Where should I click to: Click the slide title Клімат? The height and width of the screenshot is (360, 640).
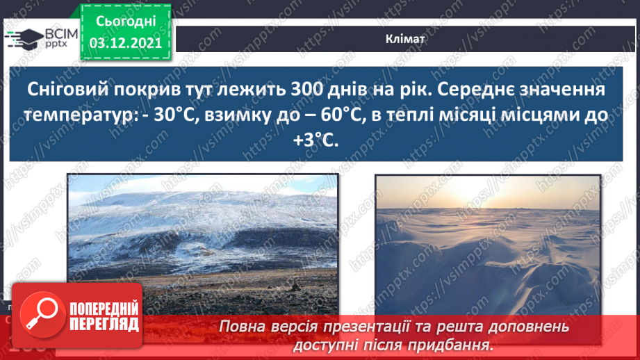tap(405, 40)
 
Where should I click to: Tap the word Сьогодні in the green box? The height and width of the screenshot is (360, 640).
tap(126, 21)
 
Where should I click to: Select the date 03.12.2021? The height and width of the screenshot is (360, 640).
tap(126, 43)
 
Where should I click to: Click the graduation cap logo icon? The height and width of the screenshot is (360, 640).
tap(23, 38)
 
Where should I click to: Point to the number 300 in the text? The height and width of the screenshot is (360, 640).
tap(297, 90)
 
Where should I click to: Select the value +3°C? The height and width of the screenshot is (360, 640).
tap(316, 140)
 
